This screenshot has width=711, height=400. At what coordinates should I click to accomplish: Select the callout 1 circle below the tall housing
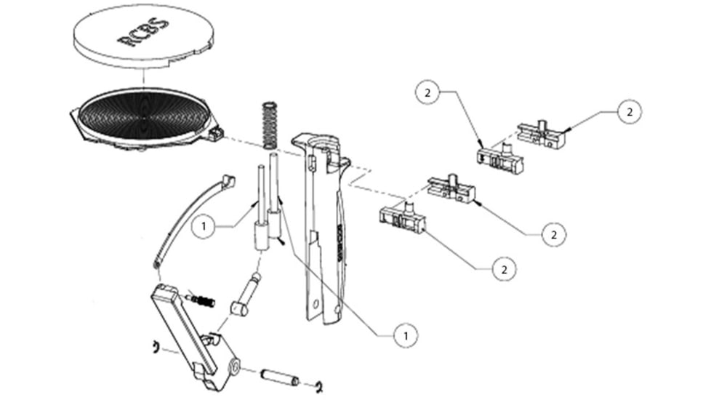click(406, 335)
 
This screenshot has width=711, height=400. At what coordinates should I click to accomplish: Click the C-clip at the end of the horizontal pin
click(318, 385)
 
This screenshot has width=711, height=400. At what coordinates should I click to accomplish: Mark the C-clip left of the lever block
click(155, 346)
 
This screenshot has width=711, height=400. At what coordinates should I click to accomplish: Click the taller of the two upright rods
click(274, 193)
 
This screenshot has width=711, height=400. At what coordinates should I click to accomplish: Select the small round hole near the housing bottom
click(316, 305)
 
